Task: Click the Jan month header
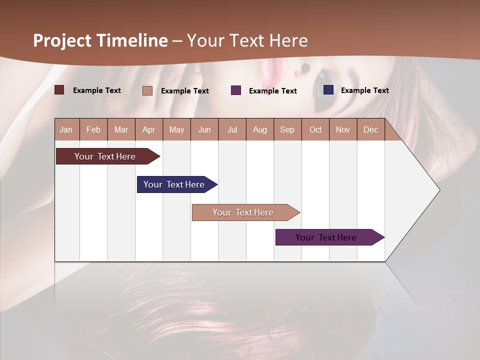[66, 129]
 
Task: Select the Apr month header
[149, 129]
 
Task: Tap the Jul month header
[232, 129]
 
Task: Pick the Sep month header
[287, 129]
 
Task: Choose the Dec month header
[370, 129]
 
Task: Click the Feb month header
[93, 129]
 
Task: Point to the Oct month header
[315, 129]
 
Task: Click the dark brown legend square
[59, 90]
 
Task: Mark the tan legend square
[147, 90]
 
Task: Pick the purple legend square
[236, 90]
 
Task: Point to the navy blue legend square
[328, 90]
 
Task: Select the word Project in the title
[62, 40]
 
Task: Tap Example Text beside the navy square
[365, 90]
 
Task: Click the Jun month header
[204, 129]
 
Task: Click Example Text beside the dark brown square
[97, 90]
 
